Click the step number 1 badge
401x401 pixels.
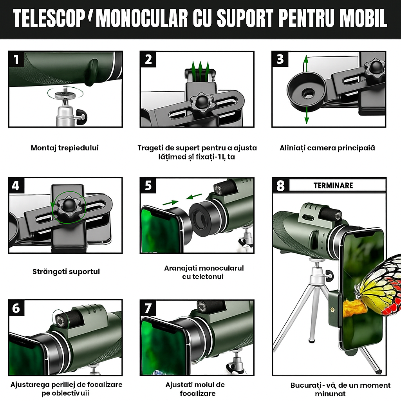(x=16, y=60)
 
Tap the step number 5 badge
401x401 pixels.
(x=148, y=185)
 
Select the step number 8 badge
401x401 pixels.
(x=280, y=185)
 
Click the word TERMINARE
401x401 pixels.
(x=333, y=185)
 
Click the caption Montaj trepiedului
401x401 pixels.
(x=65, y=148)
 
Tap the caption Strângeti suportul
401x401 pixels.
(x=66, y=271)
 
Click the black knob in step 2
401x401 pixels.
(x=202, y=102)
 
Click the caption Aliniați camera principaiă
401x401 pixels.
(x=327, y=148)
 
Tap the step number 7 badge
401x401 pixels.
(x=148, y=308)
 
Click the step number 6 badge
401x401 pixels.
(x=16, y=308)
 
